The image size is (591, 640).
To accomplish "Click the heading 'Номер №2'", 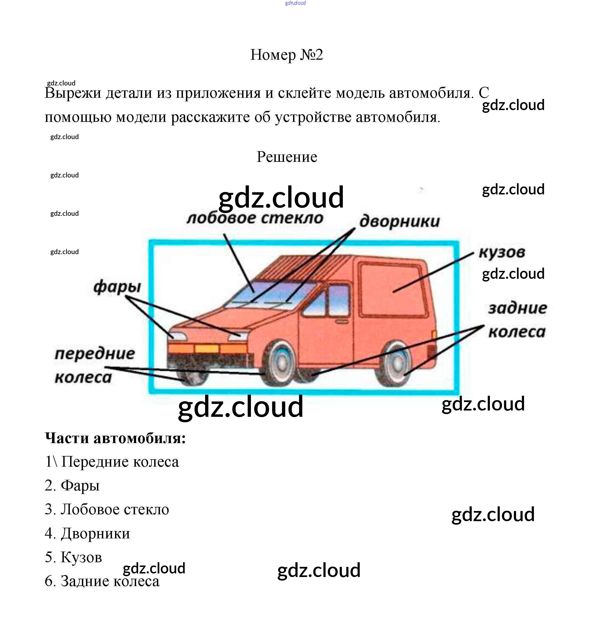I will [286, 55].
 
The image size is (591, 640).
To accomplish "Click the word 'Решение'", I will [287, 157].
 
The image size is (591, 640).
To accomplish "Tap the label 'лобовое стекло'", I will [255, 219].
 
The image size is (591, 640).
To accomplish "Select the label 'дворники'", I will [400, 222].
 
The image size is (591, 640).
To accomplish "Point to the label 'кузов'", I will [502, 253].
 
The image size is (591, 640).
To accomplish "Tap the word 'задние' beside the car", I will [517, 308].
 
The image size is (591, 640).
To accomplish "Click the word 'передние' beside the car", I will [95, 354].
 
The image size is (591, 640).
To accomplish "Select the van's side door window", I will [339, 299].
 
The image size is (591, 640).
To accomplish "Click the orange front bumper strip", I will [207, 349].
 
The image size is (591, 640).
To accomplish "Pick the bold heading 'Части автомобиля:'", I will [116, 438].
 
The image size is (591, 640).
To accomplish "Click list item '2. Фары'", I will [72, 486].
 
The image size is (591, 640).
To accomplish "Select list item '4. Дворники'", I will [87, 533].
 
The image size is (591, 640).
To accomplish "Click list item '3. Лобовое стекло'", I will [107, 509].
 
